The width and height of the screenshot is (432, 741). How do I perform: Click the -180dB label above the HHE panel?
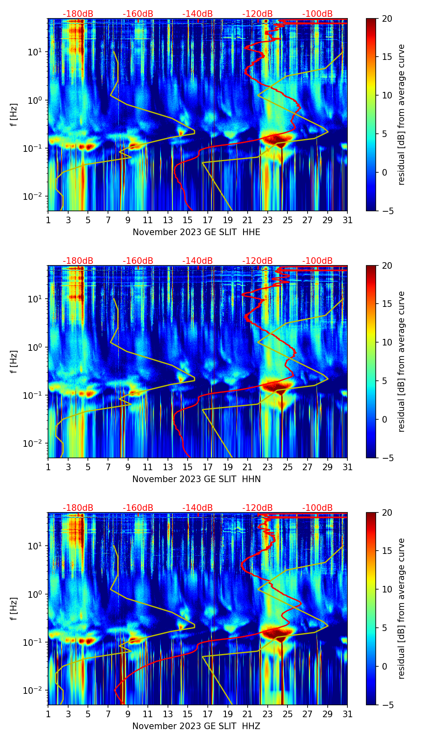click(x=78, y=14)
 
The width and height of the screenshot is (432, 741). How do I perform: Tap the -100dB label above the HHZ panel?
click(x=317, y=508)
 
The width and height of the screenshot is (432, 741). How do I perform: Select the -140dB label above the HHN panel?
click(x=198, y=261)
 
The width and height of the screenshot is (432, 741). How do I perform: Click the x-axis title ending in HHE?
click(x=196, y=232)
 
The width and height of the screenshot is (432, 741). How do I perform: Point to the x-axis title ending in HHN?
click(x=196, y=479)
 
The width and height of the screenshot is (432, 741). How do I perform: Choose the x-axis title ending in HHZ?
click(x=196, y=726)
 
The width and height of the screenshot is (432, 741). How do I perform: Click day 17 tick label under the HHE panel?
click(x=208, y=220)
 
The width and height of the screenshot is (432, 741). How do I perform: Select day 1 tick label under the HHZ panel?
click(x=48, y=714)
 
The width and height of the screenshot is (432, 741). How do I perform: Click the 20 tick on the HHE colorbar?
click(x=386, y=18)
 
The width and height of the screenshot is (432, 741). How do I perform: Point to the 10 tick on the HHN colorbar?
click(x=386, y=342)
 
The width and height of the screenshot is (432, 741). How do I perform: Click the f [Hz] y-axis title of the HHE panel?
click(x=14, y=114)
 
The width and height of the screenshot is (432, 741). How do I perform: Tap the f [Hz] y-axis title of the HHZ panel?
click(x=14, y=608)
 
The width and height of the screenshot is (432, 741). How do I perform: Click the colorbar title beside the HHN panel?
click(x=402, y=361)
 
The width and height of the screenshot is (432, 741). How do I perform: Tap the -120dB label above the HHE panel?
click(x=257, y=14)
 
